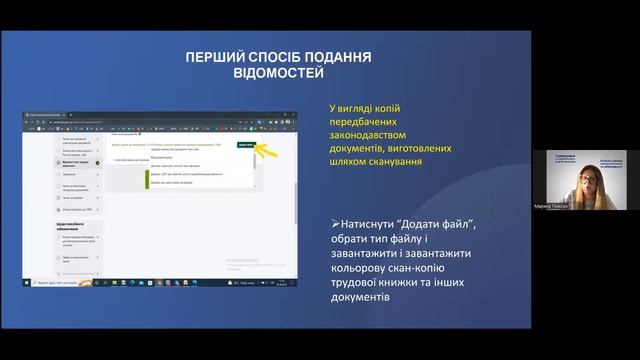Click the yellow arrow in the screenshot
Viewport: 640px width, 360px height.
(x=264, y=149)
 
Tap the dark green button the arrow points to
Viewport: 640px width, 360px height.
(x=246, y=145)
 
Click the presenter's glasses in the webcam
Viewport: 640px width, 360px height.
(x=580, y=177)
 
